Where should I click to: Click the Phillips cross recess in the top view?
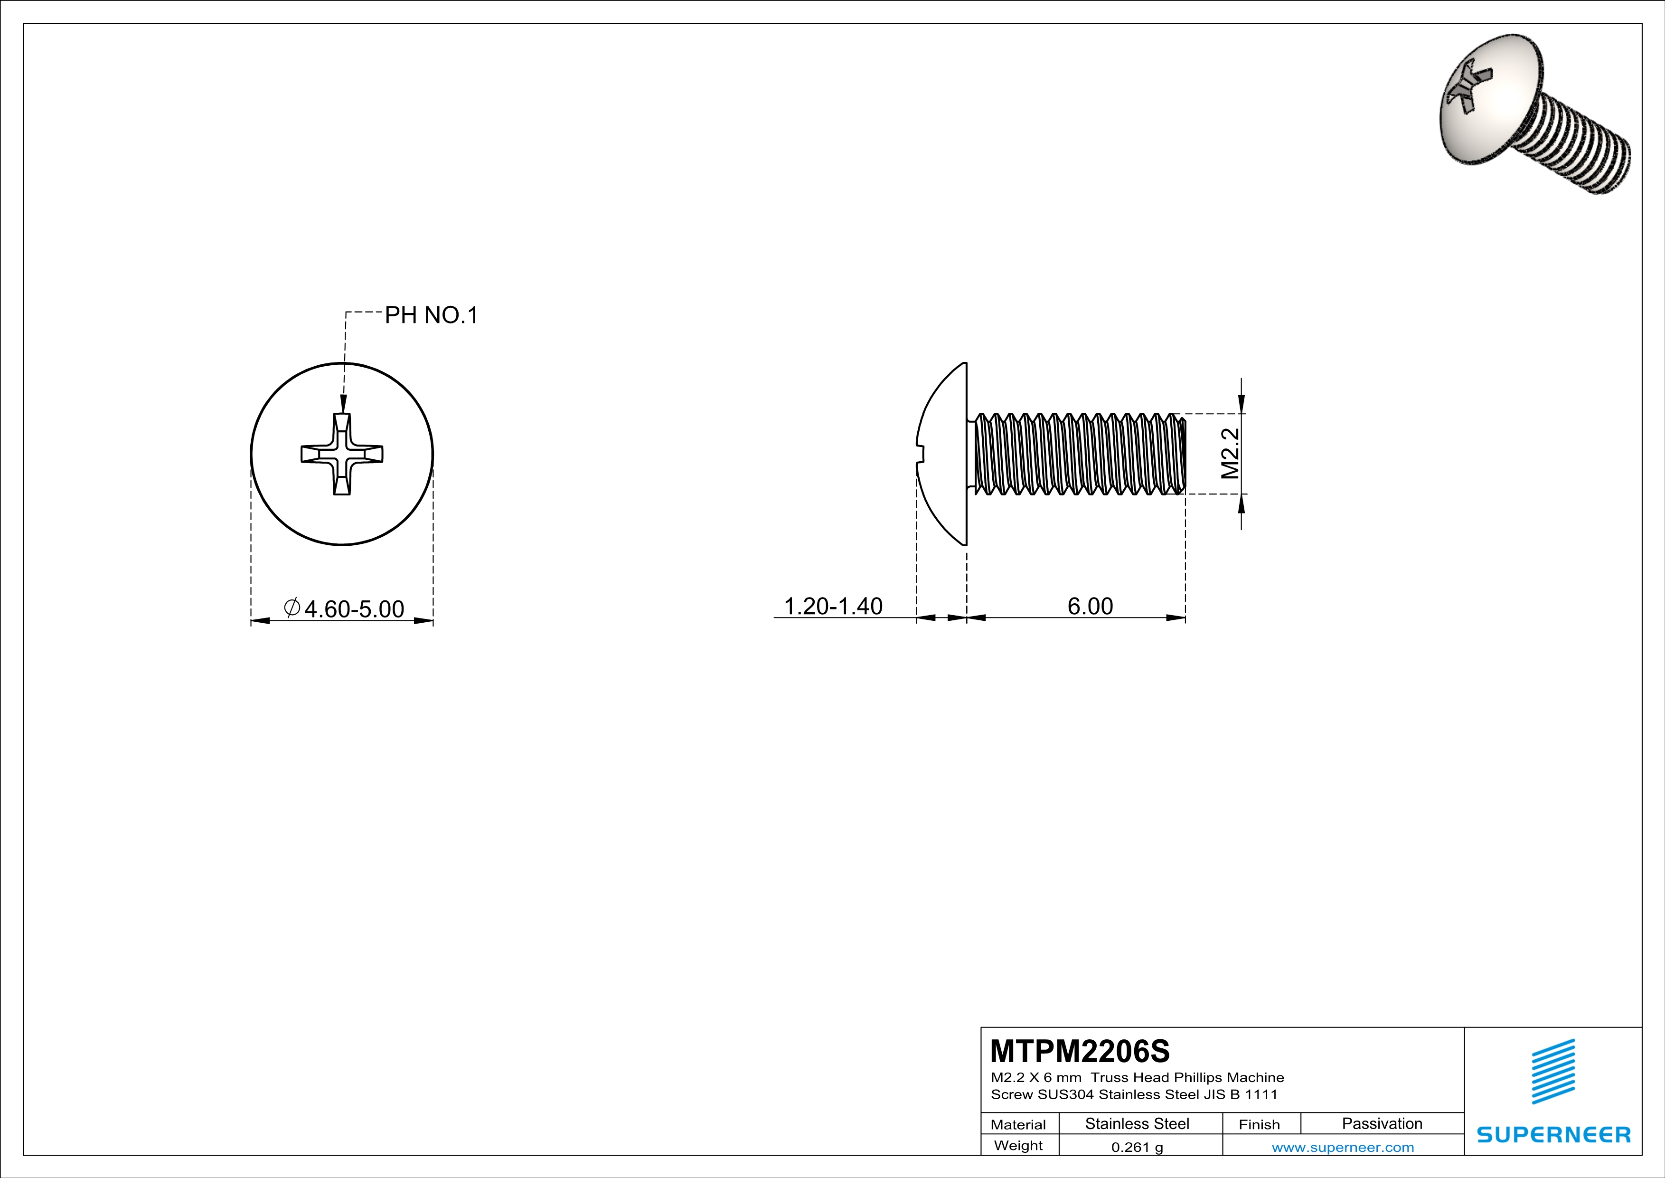click(341, 454)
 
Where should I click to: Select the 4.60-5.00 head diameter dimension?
click(354, 608)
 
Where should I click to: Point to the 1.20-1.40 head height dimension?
click(833, 606)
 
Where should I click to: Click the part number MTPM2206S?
click(1080, 1050)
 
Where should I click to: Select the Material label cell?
click(1018, 1124)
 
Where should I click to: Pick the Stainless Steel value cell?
click(1137, 1123)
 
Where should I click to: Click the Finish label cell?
click(1259, 1124)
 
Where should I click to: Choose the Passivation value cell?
click(1382, 1123)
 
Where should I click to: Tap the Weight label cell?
click(1018, 1145)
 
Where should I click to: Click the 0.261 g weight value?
click(1137, 1147)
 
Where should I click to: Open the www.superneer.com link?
click(1342, 1147)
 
